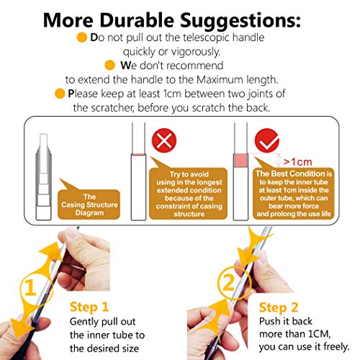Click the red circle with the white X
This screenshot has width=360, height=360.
click(164, 140)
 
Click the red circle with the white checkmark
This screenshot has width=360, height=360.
click(267, 140)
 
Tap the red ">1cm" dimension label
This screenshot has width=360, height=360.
click(297, 162)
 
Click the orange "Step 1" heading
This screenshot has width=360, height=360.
click(89, 307)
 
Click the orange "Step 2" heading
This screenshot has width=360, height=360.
click(279, 307)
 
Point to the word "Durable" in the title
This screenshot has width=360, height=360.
click(137, 20)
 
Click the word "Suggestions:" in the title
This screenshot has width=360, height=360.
click(240, 21)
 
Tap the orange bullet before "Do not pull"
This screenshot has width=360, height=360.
click(82, 37)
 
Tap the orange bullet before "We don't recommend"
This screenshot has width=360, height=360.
click(110, 66)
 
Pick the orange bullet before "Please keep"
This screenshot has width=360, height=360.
click(60, 94)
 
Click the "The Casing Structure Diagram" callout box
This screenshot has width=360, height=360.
click(89, 204)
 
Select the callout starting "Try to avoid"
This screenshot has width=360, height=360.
click(188, 194)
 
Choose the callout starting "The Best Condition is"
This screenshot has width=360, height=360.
click(294, 194)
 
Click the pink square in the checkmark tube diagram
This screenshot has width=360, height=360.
click(240, 161)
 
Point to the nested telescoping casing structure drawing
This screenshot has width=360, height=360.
click(43, 177)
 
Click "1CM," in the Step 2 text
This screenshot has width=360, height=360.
click(319, 334)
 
